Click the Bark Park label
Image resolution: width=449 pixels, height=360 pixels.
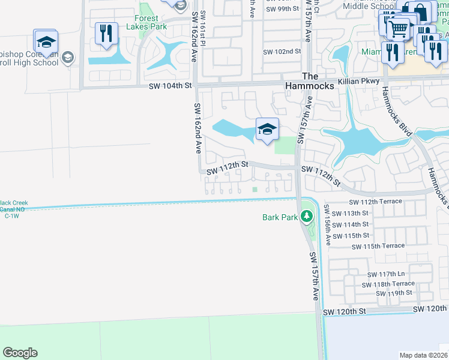(x=280, y=217)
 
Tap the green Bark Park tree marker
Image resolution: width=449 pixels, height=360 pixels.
(x=307, y=215)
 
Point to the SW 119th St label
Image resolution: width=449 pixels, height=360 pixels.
(x=394, y=293)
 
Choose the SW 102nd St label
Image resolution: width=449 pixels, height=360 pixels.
(x=282, y=52)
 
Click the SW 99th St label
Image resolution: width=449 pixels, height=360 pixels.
(x=282, y=8)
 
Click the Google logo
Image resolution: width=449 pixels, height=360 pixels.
(x=20, y=352)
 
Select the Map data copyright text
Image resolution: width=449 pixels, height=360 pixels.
(x=424, y=355)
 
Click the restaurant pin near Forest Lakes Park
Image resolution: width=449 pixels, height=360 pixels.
(x=106, y=33)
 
